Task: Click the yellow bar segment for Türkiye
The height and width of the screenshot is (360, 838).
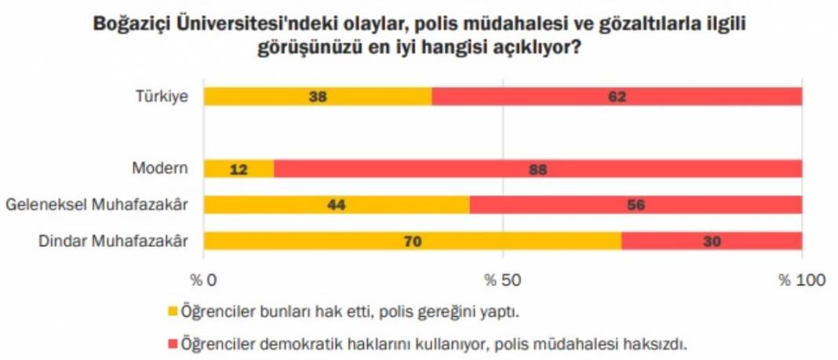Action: [x=317, y=96]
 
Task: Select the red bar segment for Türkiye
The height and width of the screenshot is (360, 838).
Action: [x=617, y=96]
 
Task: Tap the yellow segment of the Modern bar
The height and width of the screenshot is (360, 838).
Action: [x=239, y=169]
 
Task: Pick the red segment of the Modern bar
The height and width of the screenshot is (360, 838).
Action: [x=538, y=169]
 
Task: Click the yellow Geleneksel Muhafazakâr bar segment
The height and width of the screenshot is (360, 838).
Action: [x=337, y=205]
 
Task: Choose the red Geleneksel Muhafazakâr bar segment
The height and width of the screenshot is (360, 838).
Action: [x=636, y=205]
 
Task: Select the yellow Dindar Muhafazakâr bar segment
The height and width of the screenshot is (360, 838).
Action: [x=413, y=241]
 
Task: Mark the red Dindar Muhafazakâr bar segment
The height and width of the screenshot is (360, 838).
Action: [x=712, y=241]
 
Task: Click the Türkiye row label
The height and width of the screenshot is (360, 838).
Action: [x=161, y=97]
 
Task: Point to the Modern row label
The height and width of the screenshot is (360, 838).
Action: [x=160, y=169]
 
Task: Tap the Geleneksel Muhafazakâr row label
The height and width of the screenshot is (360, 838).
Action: [x=97, y=205]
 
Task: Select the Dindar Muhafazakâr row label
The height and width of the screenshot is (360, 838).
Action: [x=114, y=242]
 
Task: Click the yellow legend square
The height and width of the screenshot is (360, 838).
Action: [x=173, y=311]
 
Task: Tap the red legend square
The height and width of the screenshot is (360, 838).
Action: [x=173, y=344]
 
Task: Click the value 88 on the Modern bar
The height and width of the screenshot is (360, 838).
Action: [x=537, y=169]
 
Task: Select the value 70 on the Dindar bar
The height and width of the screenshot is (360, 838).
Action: [x=412, y=242]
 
